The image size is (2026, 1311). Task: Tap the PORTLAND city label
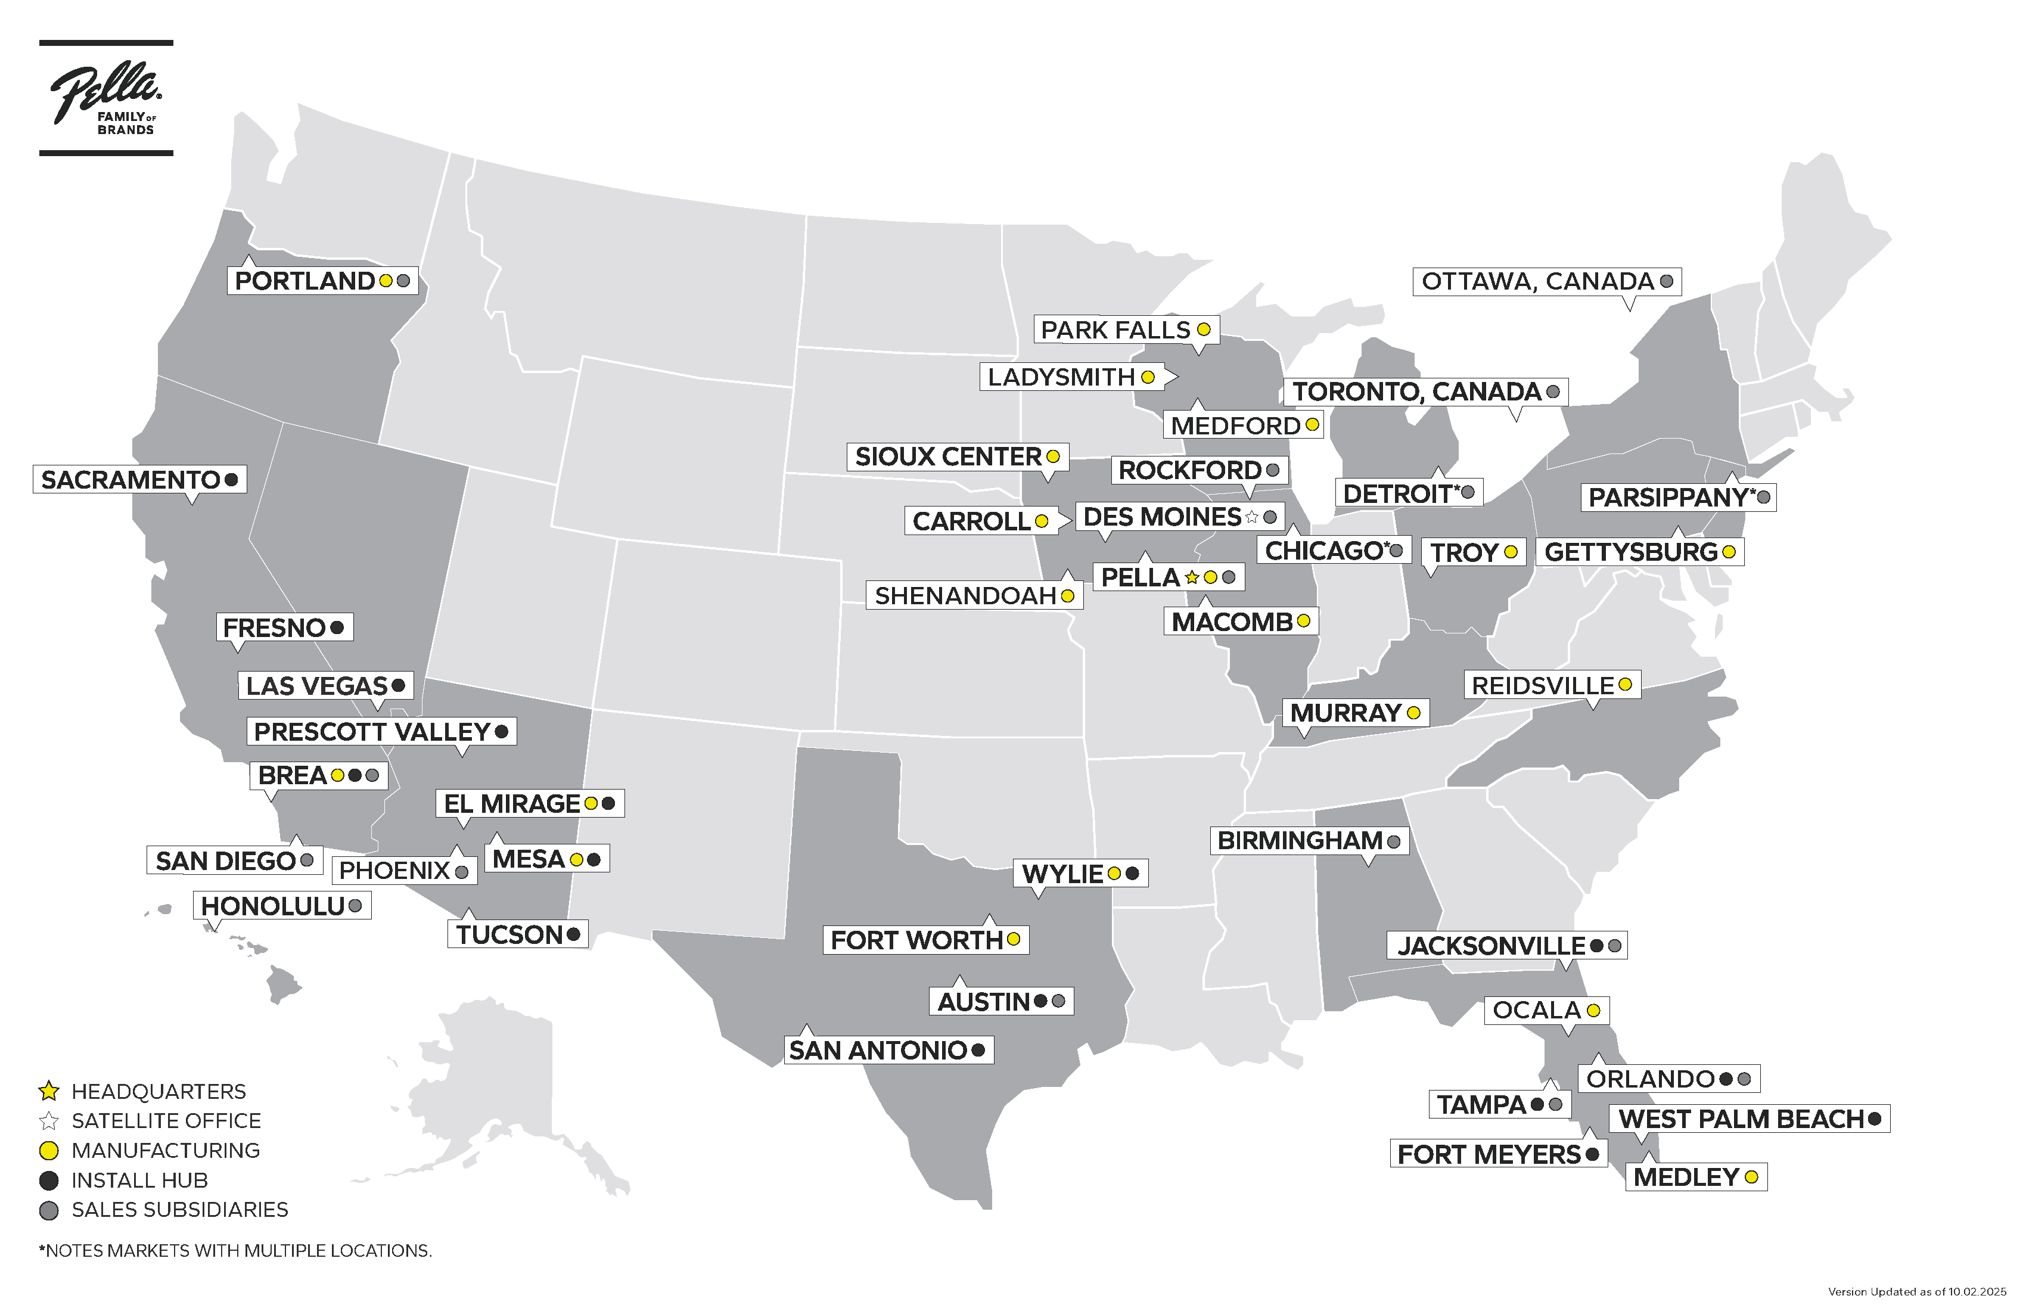point(304,281)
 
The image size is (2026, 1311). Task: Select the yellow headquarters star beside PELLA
point(1192,577)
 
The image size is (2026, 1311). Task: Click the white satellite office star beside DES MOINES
point(1251,517)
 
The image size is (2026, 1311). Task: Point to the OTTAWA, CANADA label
point(1537,281)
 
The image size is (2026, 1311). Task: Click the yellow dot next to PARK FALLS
point(1204,330)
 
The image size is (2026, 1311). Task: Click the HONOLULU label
point(272,906)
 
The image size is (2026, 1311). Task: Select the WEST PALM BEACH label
point(1741,1119)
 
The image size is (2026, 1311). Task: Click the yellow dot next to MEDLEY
point(1751,1178)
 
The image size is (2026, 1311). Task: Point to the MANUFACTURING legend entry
point(165,1151)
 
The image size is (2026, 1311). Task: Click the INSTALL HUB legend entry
point(139,1180)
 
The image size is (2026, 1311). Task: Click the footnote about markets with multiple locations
point(235,1251)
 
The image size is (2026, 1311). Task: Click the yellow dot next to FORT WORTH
point(1013,939)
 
